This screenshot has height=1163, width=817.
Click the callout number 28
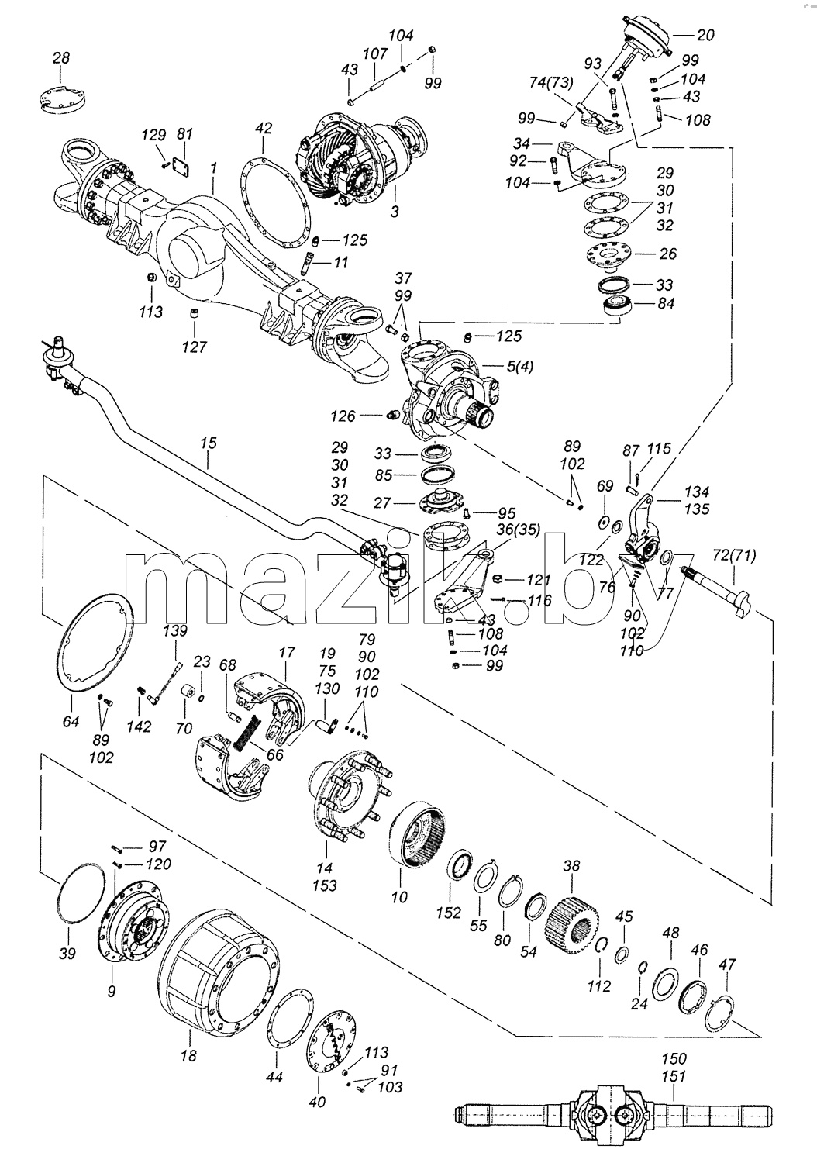(x=61, y=57)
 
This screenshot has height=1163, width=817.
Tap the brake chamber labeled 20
(x=644, y=38)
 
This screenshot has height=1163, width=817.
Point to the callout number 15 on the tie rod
(x=208, y=444)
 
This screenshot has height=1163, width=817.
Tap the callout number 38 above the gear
(x=571, y=866)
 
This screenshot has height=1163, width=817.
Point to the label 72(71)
(x=734, y=555)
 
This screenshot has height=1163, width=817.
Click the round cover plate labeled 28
(x=63, y=97)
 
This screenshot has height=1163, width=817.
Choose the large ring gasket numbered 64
(x=95, y=644)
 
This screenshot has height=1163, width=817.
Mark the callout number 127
(x=195, y=347)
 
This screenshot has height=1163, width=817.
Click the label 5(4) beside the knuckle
(x=519, y=367)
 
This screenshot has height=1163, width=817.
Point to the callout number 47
(x=727, y=965)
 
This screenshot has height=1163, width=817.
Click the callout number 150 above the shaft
(x=674, y=1058)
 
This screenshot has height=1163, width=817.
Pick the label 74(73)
(x=550, y=82)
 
